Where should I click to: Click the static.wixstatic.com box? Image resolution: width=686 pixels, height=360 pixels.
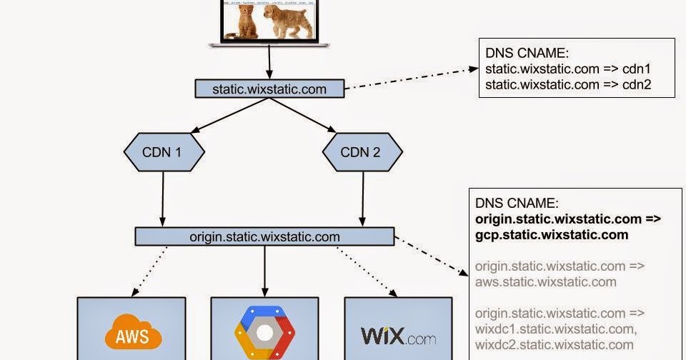pos(269,89)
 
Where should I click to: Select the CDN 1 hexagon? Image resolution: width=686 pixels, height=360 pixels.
pos(164,152)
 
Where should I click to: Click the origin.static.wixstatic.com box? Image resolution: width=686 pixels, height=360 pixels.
pos(264,236)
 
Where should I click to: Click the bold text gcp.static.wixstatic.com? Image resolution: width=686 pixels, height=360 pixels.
pos(552,234)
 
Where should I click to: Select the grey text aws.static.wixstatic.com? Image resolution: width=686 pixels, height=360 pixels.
pos(545,281)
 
